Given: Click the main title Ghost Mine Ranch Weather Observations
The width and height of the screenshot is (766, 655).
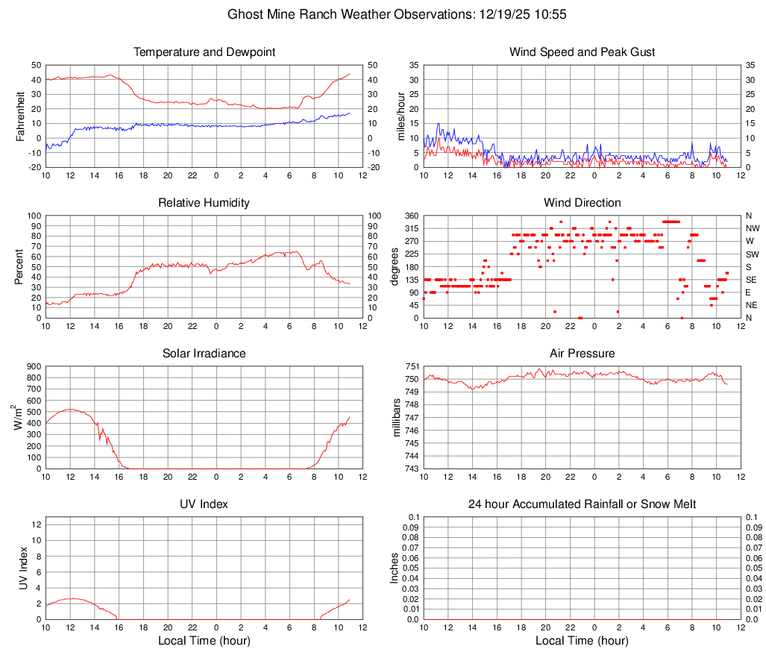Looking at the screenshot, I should pyautogui.click(x=383, y=14).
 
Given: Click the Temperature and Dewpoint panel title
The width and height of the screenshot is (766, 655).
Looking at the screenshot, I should pyautogui.click(x=204, y=52).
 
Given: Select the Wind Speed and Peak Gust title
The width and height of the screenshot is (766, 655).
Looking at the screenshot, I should pyautogui.click(x=583, y=52).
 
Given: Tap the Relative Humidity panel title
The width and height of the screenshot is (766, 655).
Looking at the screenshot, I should pyautogui.click(x=204, y=203).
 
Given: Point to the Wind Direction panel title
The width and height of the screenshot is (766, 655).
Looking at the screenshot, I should pyautogui.click(x=583, y=203).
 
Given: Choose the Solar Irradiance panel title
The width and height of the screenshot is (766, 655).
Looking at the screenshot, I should pyautogui.click(x=204, y=354).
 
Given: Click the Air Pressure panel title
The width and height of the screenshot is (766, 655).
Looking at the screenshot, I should pyautogui.click(x=583, y=354).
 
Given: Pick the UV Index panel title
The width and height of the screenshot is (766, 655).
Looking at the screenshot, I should pyautogui.click(x=204, y=504).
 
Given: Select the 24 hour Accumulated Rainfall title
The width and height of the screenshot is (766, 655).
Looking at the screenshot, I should pyautogui.click(x=583, y=504).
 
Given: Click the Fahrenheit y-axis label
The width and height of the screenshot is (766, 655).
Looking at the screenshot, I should pyautogui.click(x=21, y=116).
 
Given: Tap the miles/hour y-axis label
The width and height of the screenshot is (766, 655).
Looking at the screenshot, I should pyautogui.click(x=401, y=116).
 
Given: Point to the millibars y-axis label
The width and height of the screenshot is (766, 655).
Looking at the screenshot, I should pyautogui.click(x=397, y=418).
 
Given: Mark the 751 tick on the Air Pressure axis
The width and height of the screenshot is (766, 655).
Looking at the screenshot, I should pyautogui.click(x=412, y=366).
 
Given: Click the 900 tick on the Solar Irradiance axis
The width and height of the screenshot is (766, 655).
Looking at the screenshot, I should pyautogui.click(x=33, y=366).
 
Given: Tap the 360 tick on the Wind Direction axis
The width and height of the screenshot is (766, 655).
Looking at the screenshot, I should pyautogui.click(x=410, y=216).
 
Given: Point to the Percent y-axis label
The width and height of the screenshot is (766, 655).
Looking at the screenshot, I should pyautogui.click(x=21, y=267).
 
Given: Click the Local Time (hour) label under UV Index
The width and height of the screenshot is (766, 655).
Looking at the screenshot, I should pyautogui.click(x=204, y=641).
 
